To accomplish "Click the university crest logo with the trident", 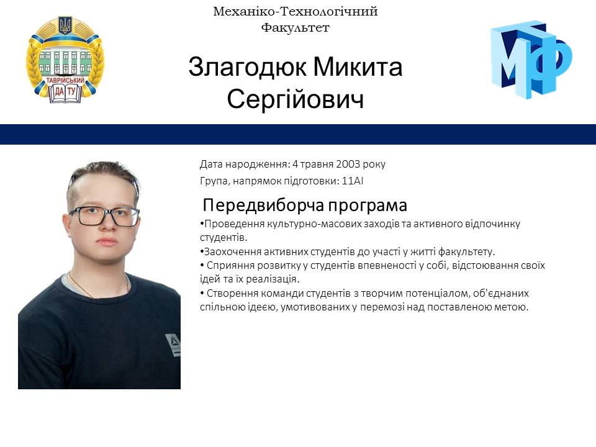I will click(65, 60).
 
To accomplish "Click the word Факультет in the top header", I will click(295, 27).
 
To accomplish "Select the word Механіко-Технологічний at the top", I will click(295, 11).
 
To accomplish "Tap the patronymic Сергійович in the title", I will click(295, 99).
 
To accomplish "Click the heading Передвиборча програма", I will click(305, 205).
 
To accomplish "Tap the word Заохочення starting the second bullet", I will click(230, 251).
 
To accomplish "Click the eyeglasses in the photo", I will click(104, 216).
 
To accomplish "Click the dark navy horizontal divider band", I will click(298, 134).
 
